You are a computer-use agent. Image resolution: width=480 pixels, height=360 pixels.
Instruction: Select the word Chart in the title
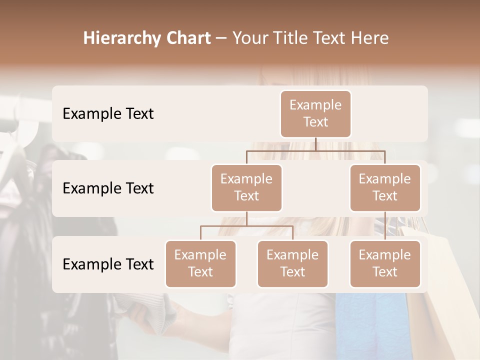tap(185, 38)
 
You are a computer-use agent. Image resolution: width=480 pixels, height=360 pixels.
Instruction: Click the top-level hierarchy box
tap(315, 113)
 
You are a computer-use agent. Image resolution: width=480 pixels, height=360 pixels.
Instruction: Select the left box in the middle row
tap(246, 187)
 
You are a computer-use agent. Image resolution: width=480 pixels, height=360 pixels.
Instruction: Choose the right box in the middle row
tap(385, 187)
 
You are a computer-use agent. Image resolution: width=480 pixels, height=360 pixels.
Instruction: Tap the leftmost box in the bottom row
tap(200, 263)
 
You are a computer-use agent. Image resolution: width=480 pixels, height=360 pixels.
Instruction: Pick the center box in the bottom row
tap(292, 263)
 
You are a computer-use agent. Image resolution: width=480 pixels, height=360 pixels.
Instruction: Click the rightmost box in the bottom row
tap(385, 263)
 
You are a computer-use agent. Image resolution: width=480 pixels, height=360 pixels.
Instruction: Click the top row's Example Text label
tap(108, 114)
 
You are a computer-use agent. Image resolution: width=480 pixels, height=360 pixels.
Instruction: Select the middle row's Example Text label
tap(108, 188)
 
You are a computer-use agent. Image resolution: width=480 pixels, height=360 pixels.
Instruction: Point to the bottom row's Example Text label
tap(108, 264)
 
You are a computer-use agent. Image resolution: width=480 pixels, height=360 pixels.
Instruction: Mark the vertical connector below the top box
tap(315, 144)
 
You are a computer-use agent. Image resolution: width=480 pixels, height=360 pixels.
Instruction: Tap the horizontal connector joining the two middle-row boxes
tap(315, 150)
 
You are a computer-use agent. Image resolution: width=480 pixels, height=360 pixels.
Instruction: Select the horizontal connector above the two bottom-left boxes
tap(246, 226)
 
